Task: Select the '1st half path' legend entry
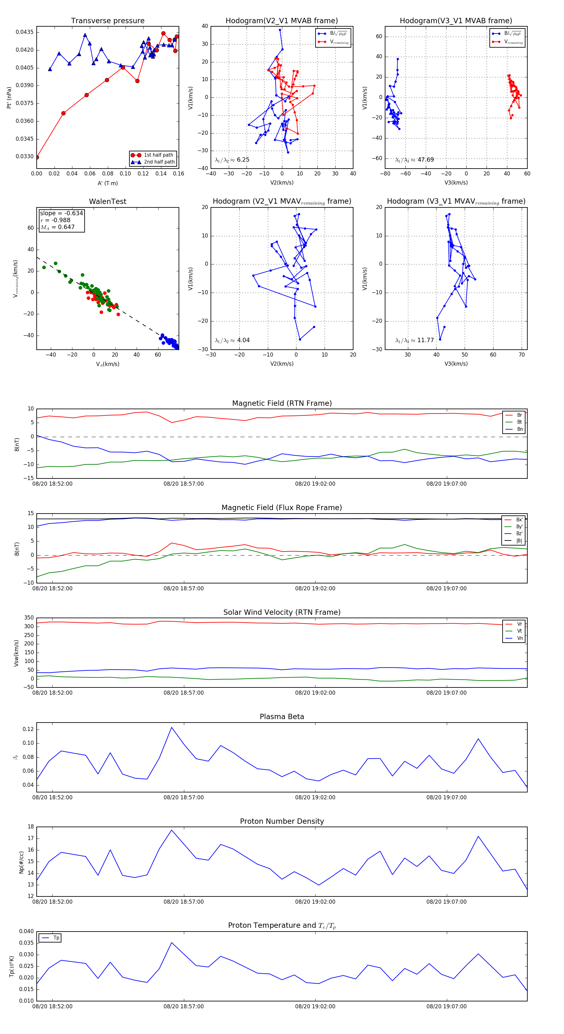[x=158, y=155]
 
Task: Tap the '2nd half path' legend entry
[x=159, y=162]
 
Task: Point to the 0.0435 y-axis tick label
[x=24, y=32]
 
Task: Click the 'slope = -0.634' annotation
[x=61, y=213]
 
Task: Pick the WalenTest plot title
[x=107, y=201]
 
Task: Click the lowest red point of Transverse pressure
[x=37, y=157]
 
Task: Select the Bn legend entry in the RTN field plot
[x=520, y=429]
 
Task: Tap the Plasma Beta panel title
[x=282, y=717]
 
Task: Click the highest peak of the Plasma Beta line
[x=171, y=727]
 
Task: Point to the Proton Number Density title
[x=282, y=821]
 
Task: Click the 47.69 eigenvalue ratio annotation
[x=426, y=160]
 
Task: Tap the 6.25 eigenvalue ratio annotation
[x=243, y=160]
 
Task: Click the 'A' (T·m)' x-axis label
[x=107, y=183]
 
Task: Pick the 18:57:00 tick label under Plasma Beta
[x=183, y=797]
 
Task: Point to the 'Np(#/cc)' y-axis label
[x=21, y=862]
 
